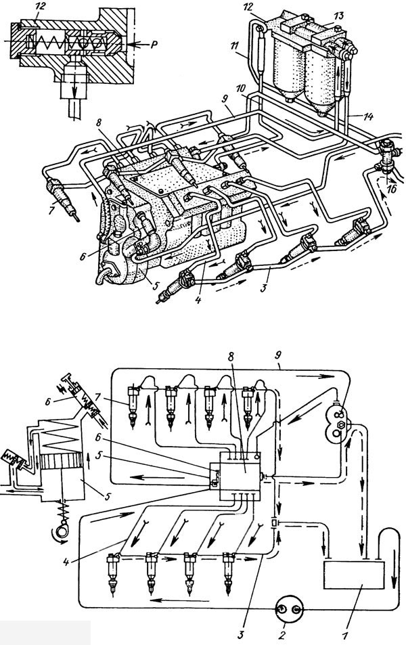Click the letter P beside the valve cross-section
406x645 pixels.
[x=154, y=45]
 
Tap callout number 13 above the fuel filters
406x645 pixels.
[x=338, y=16]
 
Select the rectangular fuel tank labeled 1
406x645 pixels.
[x=354, y=575]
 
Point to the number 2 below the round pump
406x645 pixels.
[x=281, y=634]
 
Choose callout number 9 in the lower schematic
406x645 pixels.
[x=279, y=355]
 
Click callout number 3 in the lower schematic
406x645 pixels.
[x=242, y=631]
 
